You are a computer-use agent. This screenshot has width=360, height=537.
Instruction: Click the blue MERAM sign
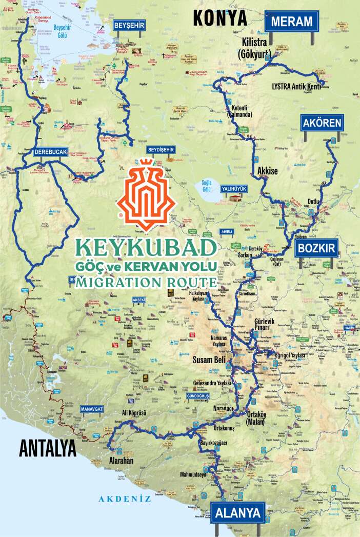coord(291,22)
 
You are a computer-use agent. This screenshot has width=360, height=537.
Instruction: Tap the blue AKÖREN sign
coord(323,123)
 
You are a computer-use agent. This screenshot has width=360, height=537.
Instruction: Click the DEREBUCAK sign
coord(50,152)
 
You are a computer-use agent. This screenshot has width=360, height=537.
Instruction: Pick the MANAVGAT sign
coord(92,409)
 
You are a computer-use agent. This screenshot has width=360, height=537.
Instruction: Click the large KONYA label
coord(220,18)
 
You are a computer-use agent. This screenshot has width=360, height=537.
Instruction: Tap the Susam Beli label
coord(209,360)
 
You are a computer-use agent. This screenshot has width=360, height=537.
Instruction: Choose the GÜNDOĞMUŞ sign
coord(199,397)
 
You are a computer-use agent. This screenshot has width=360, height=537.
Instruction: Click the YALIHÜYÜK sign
coord(234,189)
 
